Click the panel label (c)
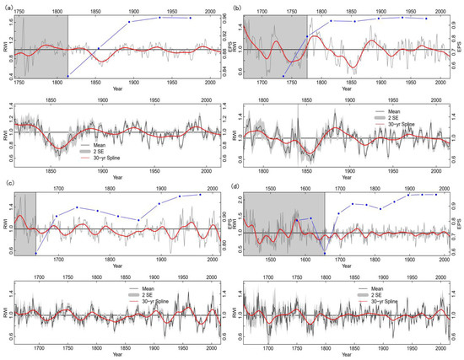coord(6,184)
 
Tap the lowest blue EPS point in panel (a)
coord(67,77)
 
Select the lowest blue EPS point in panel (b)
coord(283,77)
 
